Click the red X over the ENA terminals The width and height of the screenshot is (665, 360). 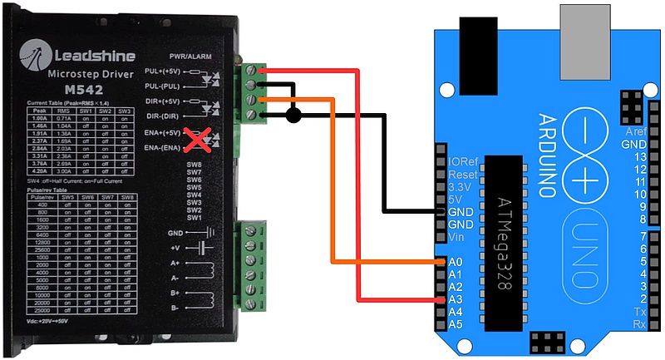196,140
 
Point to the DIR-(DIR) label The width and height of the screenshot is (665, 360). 163,116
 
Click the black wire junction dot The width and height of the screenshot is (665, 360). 293,115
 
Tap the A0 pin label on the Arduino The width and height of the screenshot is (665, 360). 455,261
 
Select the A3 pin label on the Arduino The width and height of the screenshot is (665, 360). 455,298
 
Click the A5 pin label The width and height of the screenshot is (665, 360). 455,323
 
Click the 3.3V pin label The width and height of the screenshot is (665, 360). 461,187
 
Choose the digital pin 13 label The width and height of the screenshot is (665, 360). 640,157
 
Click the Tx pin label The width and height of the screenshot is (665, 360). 639,311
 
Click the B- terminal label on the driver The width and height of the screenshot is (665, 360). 174,308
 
